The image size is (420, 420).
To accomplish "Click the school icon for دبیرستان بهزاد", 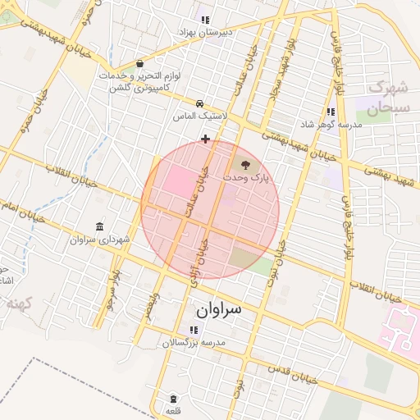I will [x=204, y=20].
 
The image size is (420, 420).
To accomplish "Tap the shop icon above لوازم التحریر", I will [x=139, y=64].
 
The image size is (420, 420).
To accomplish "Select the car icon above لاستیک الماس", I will [x=200, y=104].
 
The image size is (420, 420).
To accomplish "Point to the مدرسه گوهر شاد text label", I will [x=331, y=124].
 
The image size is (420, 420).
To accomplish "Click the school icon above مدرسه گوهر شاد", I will [x=331, y=112].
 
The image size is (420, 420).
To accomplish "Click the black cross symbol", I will [x=205, y=139].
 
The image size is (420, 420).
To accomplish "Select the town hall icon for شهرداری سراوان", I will [x=99, y=226].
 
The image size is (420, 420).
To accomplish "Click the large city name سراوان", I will [x=219, y=309].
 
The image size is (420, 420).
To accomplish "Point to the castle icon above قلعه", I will [x=172, y=399].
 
